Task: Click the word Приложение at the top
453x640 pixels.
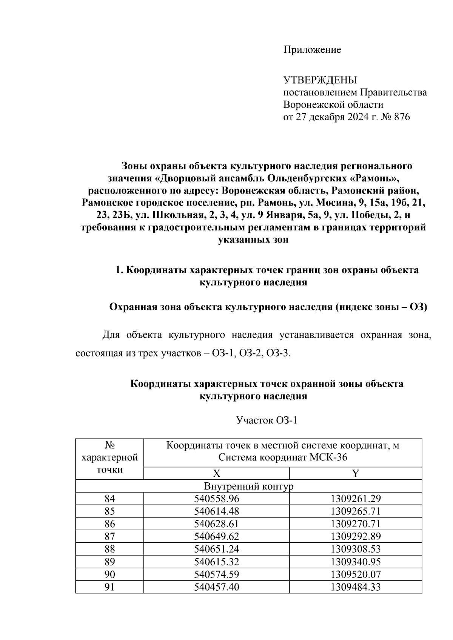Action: click(x=312, y=50)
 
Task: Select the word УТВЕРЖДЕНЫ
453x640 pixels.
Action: click(x=320, y=80)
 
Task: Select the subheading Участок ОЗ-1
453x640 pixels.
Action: click(x=267, y=420)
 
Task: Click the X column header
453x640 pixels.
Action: click(x=216, y=474)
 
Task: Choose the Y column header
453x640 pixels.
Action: click(x=355, y=474)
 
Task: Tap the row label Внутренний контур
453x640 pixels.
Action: click(x=248, y=486)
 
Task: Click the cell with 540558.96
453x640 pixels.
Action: click(x=217, y=499)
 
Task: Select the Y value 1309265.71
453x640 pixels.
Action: click(x=356, y=511)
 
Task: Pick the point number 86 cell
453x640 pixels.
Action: click(x=109, y=524)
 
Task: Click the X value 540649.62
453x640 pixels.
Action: click(x=217, y=537)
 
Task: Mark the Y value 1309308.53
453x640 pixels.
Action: click(x=356, y=549)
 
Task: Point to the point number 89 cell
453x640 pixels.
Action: click(x=109, y=562)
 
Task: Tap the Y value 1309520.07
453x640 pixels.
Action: click(x=356, y=574)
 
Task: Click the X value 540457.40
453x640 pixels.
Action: click(x=217, y=587)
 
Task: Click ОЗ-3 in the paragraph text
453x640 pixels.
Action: click(x=278, y=354)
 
